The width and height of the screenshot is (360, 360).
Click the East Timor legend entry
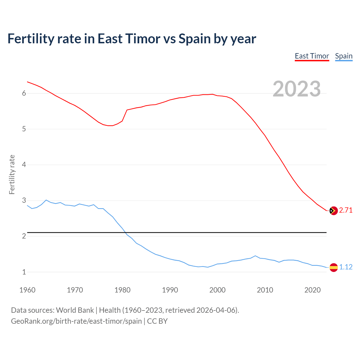pyautogui.click(x=312, y=56)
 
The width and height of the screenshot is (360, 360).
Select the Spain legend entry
pyautogui.click(x=344, y=56)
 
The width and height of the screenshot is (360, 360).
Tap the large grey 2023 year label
pyautogui.click(x=297, y=89)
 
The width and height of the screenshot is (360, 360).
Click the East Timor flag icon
pyautogui.click(x=333, y=210)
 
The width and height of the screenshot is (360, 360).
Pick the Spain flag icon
pyautogui.click(x=333, y=267)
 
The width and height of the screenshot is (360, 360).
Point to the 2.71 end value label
pyautogui.click(x=346, y=210)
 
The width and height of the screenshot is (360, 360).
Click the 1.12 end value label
pyautogui.click(x=346, y=267)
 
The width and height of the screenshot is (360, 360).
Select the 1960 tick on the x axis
pyautogui.click(x=27, y=290)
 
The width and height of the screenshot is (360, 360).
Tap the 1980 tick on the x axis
pyautogui.click(x=122, y=290)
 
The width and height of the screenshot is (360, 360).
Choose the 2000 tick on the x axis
pyautogui.click(x=217, y=290)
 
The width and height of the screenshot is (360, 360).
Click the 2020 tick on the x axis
pyautogui.click(x=312, y=290)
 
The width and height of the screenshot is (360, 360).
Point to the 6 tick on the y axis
pyautogui.click(x=24, y=93)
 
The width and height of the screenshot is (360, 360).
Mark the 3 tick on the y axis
pyautogui.click(x=24, y=201)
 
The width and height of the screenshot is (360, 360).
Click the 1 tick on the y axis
pyautogui.click(x=24, y=272)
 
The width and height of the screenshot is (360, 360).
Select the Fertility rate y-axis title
pyautogui.click(x=12, y=174)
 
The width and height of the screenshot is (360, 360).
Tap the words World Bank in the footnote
pyautogui.click(x=75, y=310)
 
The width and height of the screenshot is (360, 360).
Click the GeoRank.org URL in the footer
pyautogui.click(x=76, y=321)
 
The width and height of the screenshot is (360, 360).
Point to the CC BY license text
pyautogui.click(x=157, y=321)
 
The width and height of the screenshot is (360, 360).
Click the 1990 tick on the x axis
pyautogui.click(x=170, y=290)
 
